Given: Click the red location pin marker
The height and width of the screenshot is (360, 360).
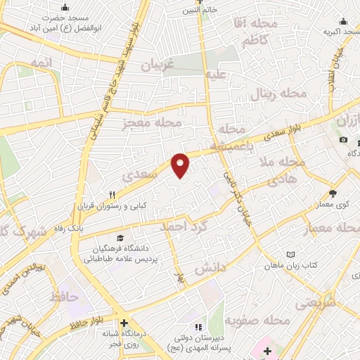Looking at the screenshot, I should coord(181,165).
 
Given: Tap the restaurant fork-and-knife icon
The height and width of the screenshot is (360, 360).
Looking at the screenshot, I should coord(111,196).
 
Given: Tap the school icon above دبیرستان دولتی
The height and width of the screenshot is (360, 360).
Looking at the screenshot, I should coord(199,326).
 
